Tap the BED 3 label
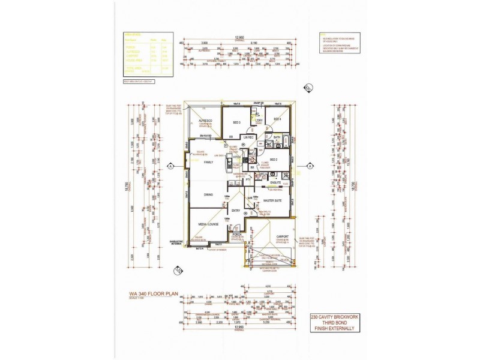pyautogui.click(x=236, y=122)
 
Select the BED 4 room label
pyautogui.click(x=277, y=119)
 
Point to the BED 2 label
pyautogui.click(x=273, y=160)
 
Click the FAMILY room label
pyautogui.click(x=209, y=163)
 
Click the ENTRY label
pyautogui.click(x=236, y=210)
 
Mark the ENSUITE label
pyautogui.click(x=275, y=181)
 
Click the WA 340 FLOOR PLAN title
pyautogui.click(x=155, y=294)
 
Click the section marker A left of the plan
pyautogui.click(x=170, y=166)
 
